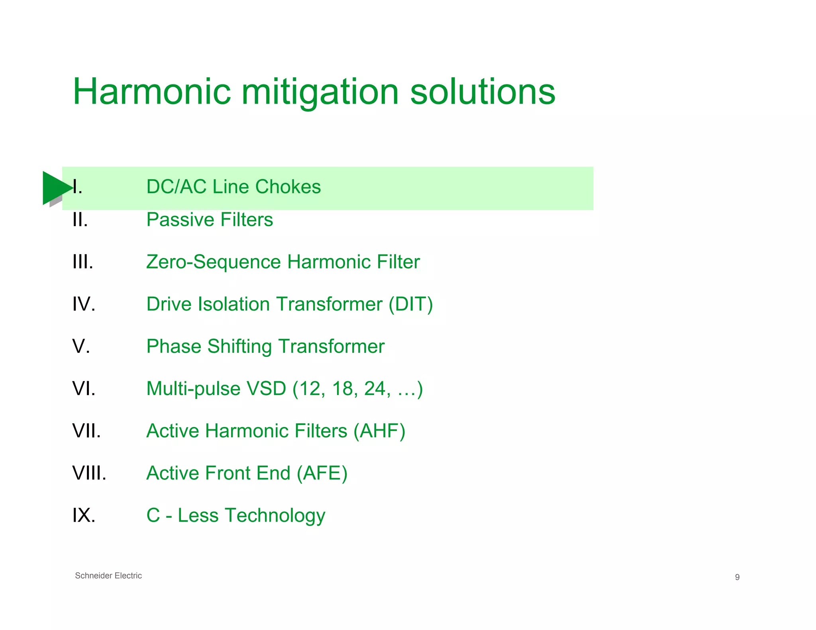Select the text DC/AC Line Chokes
[233, 187]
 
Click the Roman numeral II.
[80, 220]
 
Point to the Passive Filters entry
[210, 220]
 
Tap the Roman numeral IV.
[84, 304]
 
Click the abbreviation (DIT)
[411, 304]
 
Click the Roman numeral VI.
[84, 389]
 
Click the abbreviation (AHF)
[379, 431]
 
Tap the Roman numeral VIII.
[89, 473]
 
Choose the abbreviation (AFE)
[322, 473]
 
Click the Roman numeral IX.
[84, 515]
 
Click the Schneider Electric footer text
[108, 576]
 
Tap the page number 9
[737, 577]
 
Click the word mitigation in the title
[320, 92]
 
